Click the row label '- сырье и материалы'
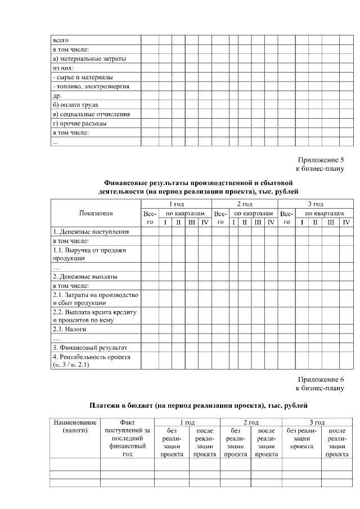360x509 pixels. coord(82,77)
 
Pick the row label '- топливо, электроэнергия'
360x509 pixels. coord(91,87)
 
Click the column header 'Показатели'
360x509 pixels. coord(96,213)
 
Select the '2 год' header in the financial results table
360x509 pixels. coord(244,204)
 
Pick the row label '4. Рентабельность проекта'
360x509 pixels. coord(92,357)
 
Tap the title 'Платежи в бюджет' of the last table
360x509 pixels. coord(121,405)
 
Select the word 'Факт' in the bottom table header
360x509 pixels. coord(127,422)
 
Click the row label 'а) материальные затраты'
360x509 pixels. coord(89,58)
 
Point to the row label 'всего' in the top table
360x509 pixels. coord(60,40)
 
